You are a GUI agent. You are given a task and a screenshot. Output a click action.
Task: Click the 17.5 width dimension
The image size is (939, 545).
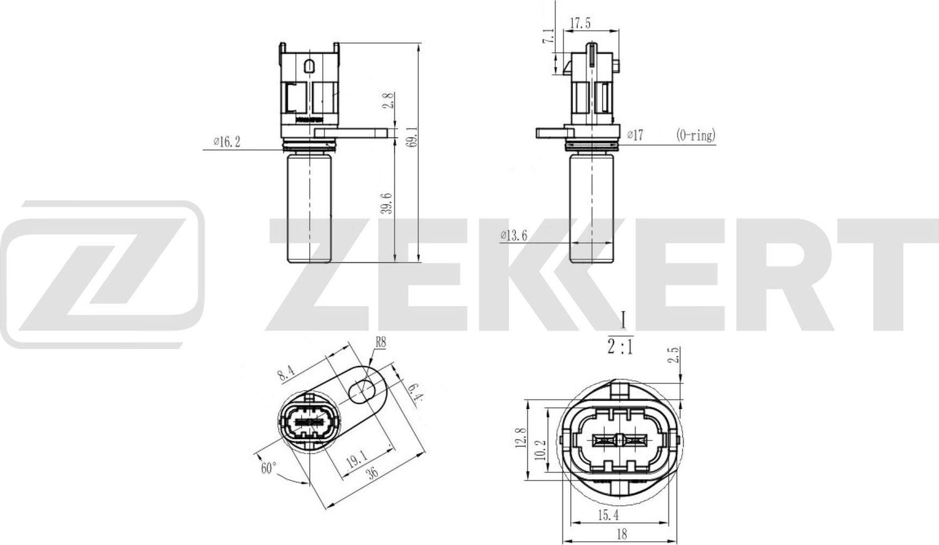[579, 24]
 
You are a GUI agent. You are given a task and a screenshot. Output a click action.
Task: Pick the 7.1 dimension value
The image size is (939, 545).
[549, 37]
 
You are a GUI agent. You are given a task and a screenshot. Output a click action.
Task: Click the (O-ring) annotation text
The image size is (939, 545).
[695, 135]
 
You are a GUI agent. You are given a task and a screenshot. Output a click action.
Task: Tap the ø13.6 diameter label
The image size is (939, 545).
[514, 236]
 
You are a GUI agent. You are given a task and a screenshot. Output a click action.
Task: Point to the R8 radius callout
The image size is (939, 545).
[381, 342]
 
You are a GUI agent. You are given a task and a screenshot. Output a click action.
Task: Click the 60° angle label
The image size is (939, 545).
[269, 468]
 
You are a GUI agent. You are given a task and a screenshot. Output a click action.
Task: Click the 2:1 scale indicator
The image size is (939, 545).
[620, 346]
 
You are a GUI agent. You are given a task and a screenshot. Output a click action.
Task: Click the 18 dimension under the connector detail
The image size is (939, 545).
[622, 534]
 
